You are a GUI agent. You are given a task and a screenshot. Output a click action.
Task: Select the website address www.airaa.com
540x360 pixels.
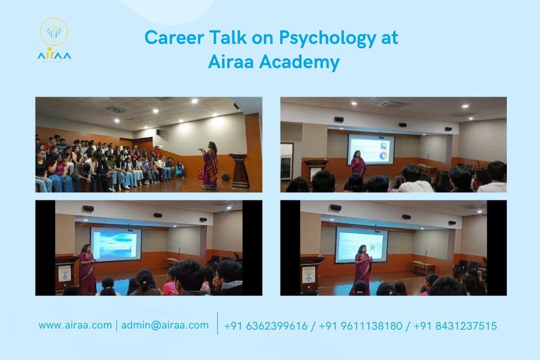pyautogui.click(x=75, y=325)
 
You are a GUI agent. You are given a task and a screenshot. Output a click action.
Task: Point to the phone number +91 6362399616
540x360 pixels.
pyautogui.click(x=265, y=326)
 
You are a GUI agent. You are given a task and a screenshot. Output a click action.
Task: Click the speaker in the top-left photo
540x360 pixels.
pyautogui.click(x=210, y=164)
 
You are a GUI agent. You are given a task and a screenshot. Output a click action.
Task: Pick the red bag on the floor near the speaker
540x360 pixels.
pyautogui.click(x=201, y=174)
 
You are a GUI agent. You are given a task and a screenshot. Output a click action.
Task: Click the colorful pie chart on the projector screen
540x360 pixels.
pyautogui.click(x=384, y=155)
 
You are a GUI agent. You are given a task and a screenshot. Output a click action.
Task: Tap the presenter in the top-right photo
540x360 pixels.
pyautogui.click(x=358, y=164)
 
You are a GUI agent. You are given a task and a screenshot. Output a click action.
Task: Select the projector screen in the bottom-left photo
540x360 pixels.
pyautogui.click(x=116, y=244)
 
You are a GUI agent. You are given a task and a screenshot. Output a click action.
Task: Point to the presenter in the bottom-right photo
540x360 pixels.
pyautogui.click(x=362, y=269)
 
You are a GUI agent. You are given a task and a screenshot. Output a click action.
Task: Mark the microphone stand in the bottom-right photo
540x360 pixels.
pyautogui.click(x=426, y=261)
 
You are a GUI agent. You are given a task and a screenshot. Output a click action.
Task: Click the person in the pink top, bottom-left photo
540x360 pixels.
pyautogui.click(x=170, y=286)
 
